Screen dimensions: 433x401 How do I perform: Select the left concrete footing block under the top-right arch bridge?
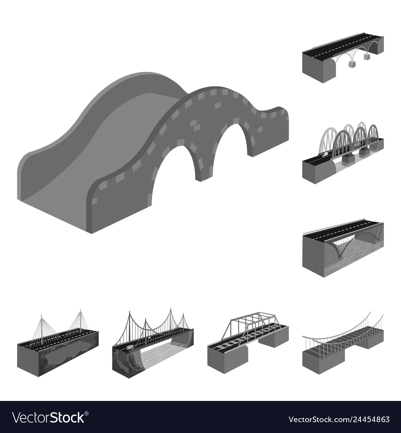click(352, 64)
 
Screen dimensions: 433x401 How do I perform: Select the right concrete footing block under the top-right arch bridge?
click(367, 57)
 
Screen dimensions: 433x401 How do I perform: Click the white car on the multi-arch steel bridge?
click(324, 153)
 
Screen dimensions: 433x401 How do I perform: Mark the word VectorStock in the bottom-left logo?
click(48, 418)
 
